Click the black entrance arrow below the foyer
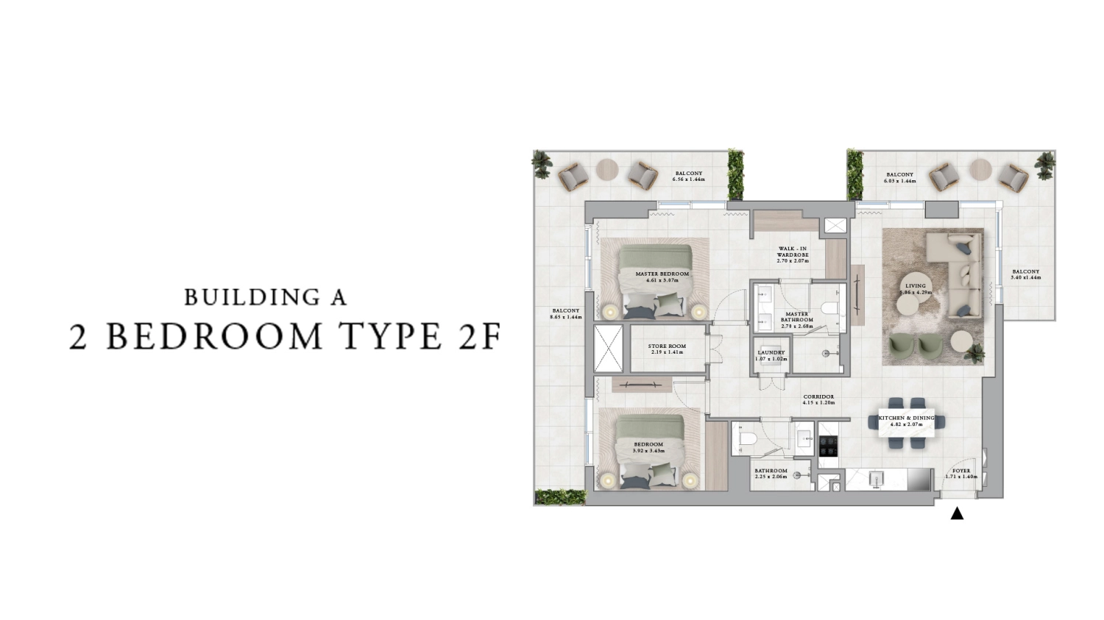tap(957, 513)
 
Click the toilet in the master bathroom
tap(830, 307)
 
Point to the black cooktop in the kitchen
tap(828, 446)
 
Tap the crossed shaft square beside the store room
tap(608, 348)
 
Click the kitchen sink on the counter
tap(875, 480)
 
